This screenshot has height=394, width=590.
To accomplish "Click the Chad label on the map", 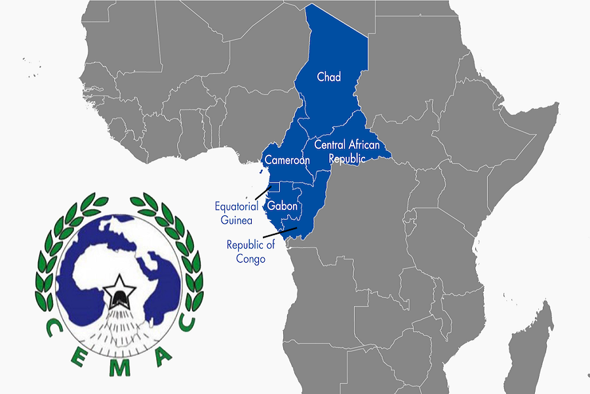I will click(x=328, y=77).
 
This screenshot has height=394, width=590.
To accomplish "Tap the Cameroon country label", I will click(x=286, y=160).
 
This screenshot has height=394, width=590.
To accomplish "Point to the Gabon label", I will click(x=283, y=206).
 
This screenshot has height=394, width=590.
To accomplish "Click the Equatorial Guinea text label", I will click(x=236, y=213).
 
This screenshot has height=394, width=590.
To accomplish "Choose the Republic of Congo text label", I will click(x=250, y=252).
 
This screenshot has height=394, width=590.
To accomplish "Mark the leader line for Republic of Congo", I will click(x=280, y=232).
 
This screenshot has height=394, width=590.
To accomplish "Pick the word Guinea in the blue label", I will click(x=236, y=221).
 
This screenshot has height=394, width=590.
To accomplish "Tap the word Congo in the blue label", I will click(x=250, y=259).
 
